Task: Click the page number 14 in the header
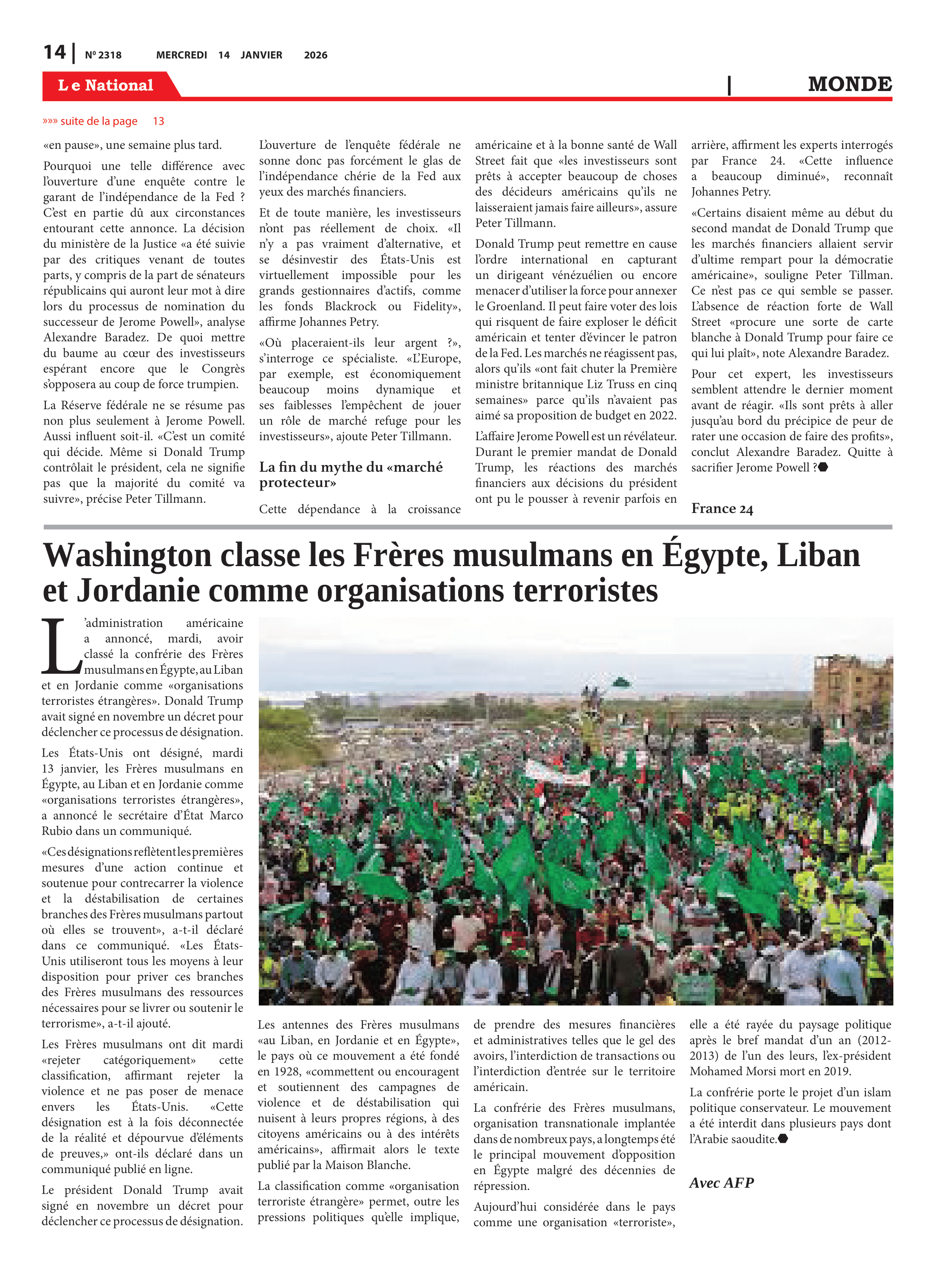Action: pos(55,53)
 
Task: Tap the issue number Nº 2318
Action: pos(103,55)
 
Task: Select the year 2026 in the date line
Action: pos(315,55)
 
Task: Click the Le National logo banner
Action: pos(106,85)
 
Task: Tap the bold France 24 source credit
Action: pos(722,509)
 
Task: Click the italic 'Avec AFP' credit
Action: pos(721,1182)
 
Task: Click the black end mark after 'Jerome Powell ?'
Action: pos(823,467)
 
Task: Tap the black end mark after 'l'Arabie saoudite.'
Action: pos(783,1139)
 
